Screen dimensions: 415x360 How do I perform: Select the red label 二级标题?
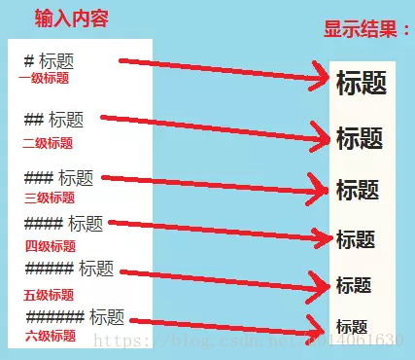tap(48, 143)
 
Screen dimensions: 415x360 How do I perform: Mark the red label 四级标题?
tap(50, 245)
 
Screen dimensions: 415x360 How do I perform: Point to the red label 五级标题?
tap(49, 294)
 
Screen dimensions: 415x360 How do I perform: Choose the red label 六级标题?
tap(50, 336)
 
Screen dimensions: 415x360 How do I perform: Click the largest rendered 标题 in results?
tap(362, 85)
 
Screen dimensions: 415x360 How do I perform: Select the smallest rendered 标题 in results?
tap(352, 326)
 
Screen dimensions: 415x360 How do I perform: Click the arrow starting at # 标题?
tap(224, 68)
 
